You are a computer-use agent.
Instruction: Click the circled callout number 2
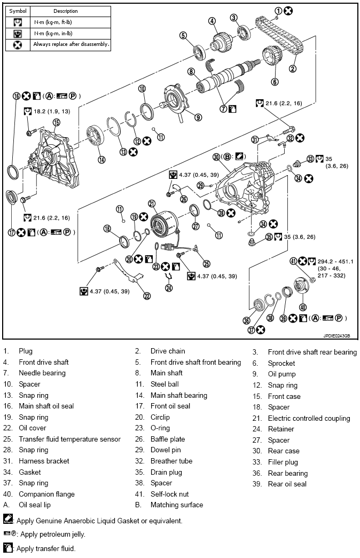click(293, 68)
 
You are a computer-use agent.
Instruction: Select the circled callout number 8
click(190, 72)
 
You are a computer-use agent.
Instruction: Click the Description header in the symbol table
click(66, 11)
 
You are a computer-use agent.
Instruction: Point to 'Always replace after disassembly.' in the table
click(71, 44)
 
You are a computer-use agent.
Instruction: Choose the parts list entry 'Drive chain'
click(168, 351)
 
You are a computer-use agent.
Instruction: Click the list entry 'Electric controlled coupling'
click(309, 418)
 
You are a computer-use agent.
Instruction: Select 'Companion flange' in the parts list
click(46, 494)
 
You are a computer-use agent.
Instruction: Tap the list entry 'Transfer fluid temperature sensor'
click(69, 439)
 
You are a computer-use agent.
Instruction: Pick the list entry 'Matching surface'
click(177, 505)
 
